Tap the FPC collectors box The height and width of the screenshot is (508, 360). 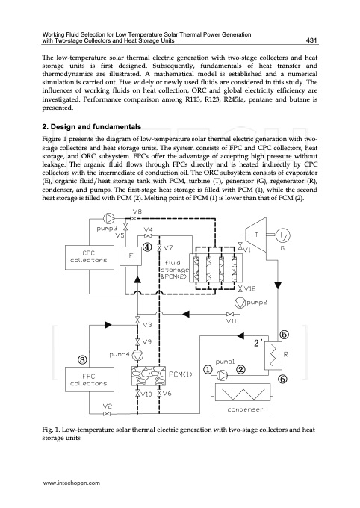tap(89, 378)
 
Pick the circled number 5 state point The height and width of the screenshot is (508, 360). tap(285, 334)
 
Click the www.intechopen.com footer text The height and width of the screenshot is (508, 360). tap(72, 483)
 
